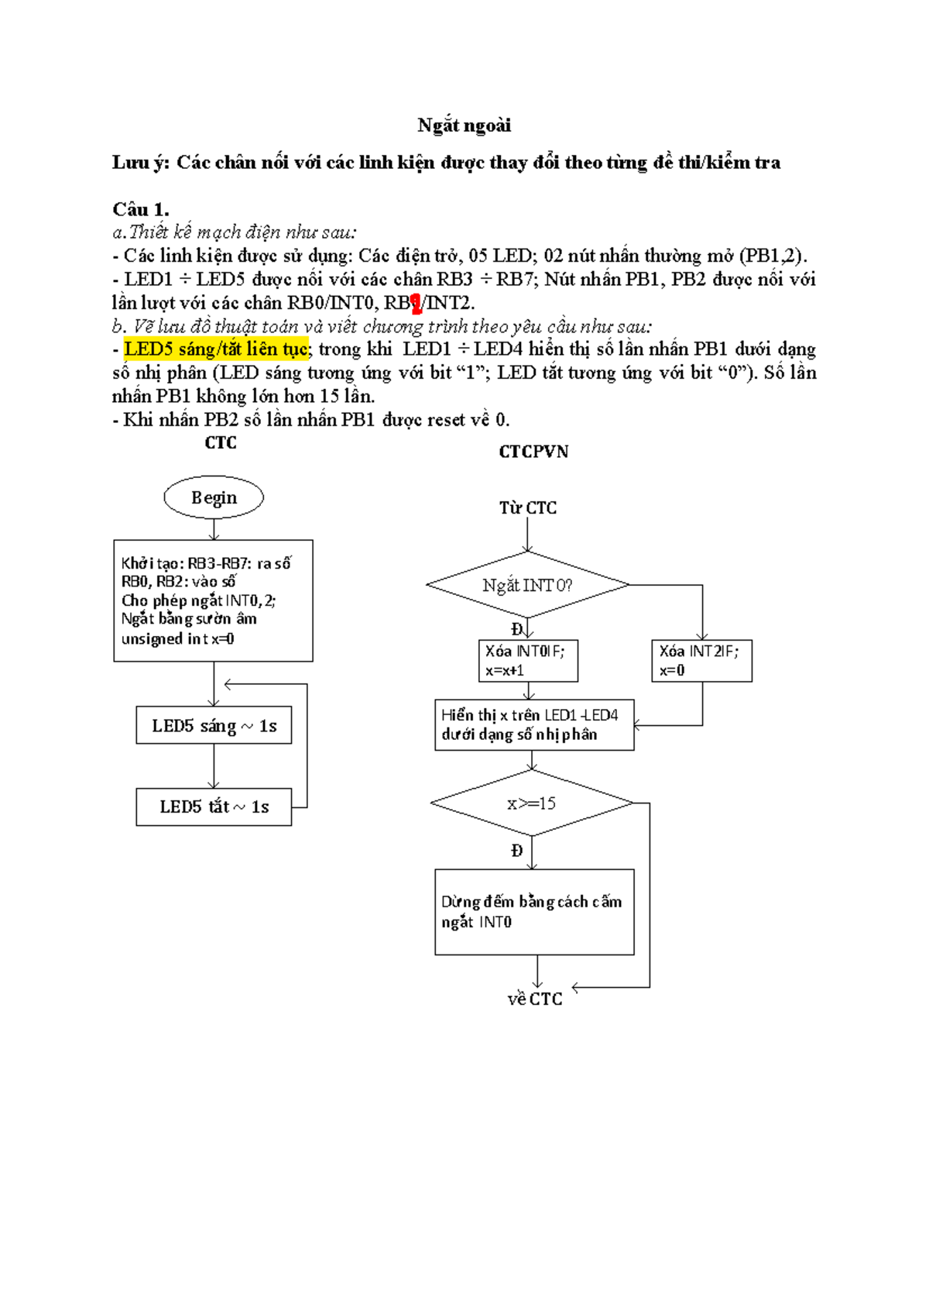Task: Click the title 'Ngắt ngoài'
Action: pyautogui.click(x=464, y=126)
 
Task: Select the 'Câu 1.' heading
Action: pyautogui.click(x=140, y=209)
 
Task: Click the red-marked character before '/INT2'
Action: pyautogui.click(x=417, y=304)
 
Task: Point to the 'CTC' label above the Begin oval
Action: pyautogui.click(x=221, y=443)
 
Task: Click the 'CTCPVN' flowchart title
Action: pyautogui.click(x=533, y=452)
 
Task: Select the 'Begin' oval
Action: pyautogui.click(x=214, y=497)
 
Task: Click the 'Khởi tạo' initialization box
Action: pyautogui.click(x=213, y=600)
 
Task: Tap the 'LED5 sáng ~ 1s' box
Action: pyautogui.click(x=214, y=726)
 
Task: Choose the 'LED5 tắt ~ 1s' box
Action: pyautogui.click(x=214, y=807)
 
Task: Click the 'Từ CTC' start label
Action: pyautogui.click(x=528, y=508)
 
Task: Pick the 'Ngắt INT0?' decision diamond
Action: pyautogui.click(x=528, y=585)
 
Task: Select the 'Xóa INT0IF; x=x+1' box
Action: pyautogui.click(x=528, y=661)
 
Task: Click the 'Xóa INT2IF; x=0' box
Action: pyautogui.click(x=701, y=661)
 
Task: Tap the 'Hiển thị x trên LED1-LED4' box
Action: pyautogui.click(x=534, y=725)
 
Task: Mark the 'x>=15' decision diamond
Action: pyautogui.click(x=532, y=803)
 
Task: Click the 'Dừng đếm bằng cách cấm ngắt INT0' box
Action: pyautogui.click(x=534, y=912)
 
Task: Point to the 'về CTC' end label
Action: pyautogui.click(x=535, y=999)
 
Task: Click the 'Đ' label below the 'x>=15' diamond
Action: pyautogui.click(x=517, y=851)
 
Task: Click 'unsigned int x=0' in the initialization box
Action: pyautogui.click(x=178, y=639)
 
